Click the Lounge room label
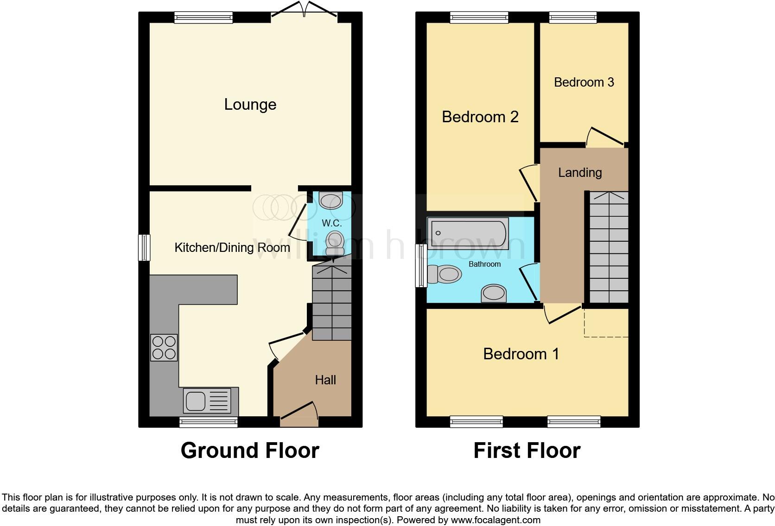coord(250,105)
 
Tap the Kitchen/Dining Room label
coord(232,248)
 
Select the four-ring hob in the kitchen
coord(164,347)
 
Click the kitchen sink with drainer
coord(208,401)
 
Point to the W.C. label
coord(331,223)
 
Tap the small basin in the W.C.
coord(331,200)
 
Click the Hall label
coord(325,380)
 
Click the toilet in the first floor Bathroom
coord(444,274)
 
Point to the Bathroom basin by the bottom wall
coord(494,294)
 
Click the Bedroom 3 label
coord(584,82)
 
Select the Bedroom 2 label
coord(480,117)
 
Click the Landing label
coord(579,173)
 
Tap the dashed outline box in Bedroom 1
coord(606,323)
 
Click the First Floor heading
coord(527,451)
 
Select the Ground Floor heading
coord(250,451)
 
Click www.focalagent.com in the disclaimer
coord(495,520)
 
